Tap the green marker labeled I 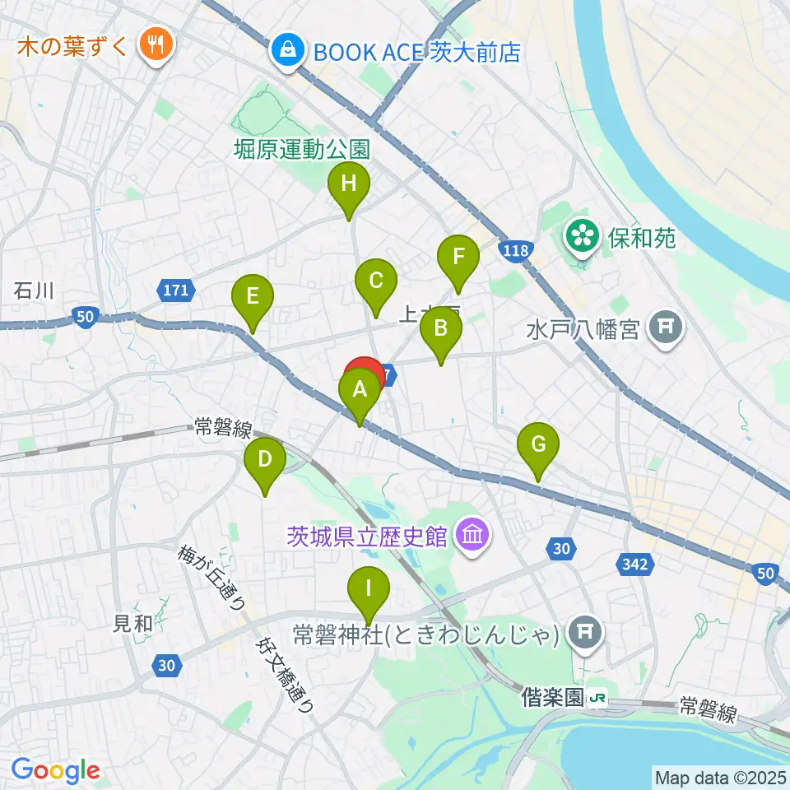[x=369, y=589]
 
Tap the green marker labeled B [x=440, y=330]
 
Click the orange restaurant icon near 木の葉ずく [x=154, y=42]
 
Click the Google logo [x=55, y=770]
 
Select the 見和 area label [x=132, y=623]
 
